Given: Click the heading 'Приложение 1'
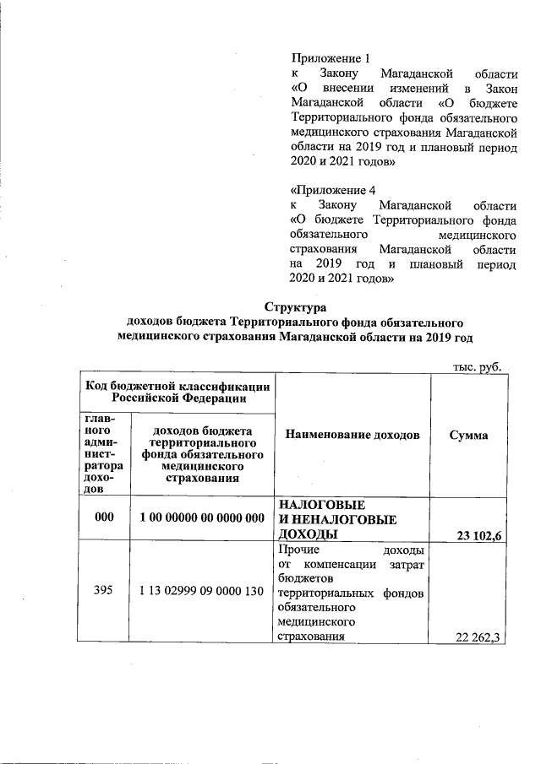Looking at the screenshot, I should (x=331, y=58).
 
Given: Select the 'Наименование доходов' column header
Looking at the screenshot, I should (x=352, y=435).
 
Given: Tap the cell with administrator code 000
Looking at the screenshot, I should (x=103, y=517).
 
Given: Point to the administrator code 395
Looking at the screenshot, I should (x=103, y=604).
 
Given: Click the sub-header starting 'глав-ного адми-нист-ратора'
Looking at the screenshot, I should (x=103, y=453).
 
